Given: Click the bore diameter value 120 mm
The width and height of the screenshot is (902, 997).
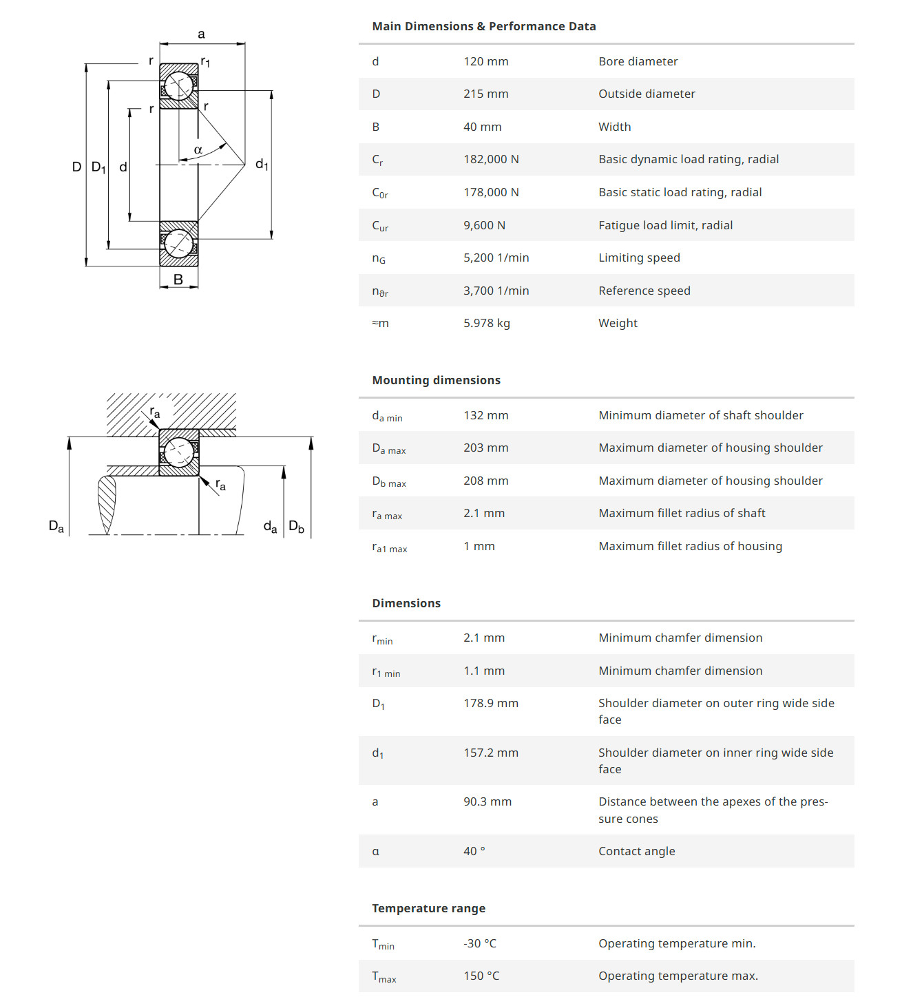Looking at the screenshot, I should tap(485, 61).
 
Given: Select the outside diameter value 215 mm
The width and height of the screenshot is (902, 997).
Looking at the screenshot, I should tap(485, 94).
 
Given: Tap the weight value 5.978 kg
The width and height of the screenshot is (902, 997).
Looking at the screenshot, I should tap(486, 323).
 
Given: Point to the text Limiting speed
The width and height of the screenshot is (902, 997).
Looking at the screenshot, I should tap(639, 258).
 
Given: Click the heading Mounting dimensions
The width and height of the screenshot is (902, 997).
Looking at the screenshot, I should tap(436, 380).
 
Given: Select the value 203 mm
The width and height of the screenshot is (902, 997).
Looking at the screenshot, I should tap(485, 448).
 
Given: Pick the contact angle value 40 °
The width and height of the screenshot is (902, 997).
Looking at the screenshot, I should tap(474, 851).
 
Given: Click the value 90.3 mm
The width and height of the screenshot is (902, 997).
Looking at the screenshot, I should tap(487, 801).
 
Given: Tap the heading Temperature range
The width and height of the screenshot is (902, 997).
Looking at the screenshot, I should tap(428, 908).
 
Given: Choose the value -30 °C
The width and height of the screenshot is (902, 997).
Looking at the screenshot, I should tap(479, 943).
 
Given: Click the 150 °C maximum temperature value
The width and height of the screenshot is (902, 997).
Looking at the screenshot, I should tap(481, 976).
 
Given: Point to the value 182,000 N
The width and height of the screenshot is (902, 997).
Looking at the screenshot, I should tap(491, 159).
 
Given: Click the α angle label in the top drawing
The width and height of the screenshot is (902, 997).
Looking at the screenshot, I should tap(198, 150).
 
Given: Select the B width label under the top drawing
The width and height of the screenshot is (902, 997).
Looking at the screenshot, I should tap(178, 280).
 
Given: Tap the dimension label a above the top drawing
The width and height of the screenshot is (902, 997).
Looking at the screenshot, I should tap(201, 34).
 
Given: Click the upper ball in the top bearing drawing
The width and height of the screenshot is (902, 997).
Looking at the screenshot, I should tap(179, 86).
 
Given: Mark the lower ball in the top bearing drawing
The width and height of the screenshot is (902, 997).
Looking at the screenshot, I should tap(179, 244).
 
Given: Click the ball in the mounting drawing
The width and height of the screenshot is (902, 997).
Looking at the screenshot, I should tap(179, 452).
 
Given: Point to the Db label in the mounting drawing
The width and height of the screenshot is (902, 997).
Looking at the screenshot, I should tap(296, 527).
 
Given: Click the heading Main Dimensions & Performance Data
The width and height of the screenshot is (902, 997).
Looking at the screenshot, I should tap(483, 26).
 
